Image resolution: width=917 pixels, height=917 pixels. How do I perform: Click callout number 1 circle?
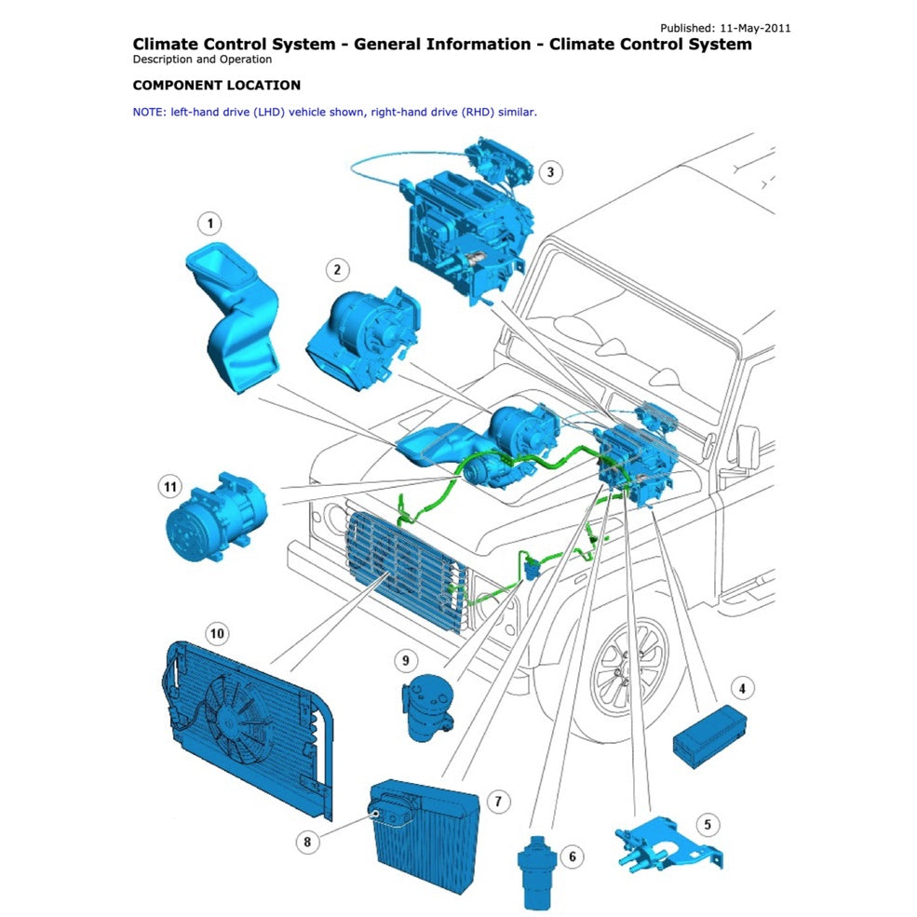210,223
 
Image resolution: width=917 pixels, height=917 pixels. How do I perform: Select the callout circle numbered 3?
550,172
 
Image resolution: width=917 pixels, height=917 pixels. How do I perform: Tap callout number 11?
169,486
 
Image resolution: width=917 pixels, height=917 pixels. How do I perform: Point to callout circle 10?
216,634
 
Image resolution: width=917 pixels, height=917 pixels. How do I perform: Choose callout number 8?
307,843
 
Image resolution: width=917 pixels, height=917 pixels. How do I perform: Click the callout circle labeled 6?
572,856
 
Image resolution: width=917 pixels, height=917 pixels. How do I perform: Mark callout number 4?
742,689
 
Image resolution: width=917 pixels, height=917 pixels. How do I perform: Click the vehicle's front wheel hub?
627,678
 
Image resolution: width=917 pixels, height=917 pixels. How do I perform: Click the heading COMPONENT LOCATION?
217,86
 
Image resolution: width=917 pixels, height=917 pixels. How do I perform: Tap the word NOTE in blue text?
149,112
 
